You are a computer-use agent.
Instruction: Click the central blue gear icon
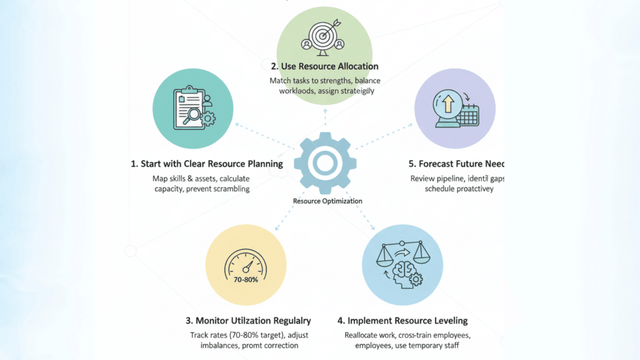click(324, 162)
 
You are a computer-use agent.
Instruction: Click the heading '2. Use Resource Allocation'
click(324, 66)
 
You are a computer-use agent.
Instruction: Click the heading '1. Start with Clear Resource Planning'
click(206, 164)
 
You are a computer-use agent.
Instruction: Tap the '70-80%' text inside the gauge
click(244, 279)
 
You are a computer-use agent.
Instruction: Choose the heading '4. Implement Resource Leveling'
click(402, 321)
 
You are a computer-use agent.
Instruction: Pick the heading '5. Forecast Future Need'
click(456, 164)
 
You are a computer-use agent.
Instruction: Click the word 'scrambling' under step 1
click(228, 188)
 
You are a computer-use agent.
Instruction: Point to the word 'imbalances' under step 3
click(211, 344)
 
